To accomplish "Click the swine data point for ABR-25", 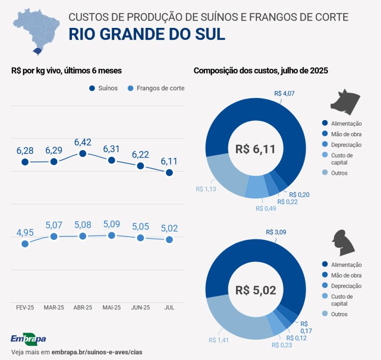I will [x=83, y=153].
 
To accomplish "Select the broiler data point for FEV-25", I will [x=25, y=244].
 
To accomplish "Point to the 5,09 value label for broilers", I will [x=112, y=224].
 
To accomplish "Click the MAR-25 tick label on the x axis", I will [x=54, y=308].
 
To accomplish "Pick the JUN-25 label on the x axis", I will [x=140, y=308].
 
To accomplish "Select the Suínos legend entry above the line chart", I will [x=103, y=88].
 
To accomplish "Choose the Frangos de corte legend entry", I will [x=156, y=88].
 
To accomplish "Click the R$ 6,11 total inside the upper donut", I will [x=255, y=149].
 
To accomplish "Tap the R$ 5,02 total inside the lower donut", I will [x=255, y=291].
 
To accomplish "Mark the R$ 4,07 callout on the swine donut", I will [x=284, y=93].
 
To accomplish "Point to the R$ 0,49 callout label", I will [x=266, y=208].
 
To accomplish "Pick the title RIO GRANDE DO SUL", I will [x=147, y=34].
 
